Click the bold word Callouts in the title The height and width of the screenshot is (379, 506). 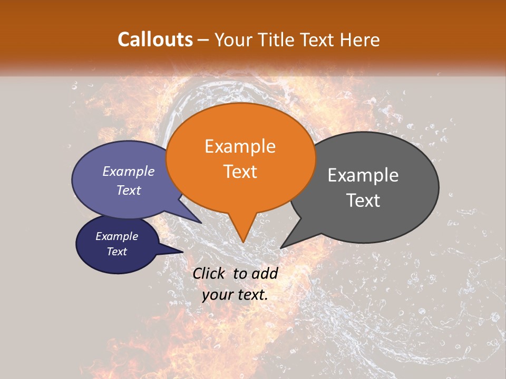[155, 39]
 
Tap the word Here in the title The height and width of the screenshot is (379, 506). [360, 39]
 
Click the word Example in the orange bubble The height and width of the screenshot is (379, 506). [240, 146]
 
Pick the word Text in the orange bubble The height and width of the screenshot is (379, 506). [240, 172]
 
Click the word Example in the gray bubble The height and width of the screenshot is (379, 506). [363, 175]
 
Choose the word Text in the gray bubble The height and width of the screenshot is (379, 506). [363, 201]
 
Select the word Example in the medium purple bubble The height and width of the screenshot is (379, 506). [129, 171]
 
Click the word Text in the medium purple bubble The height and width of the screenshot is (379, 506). [129, 190]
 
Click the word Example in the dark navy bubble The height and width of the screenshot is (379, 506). [117, 236]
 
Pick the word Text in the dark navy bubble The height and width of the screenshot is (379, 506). [117, 252]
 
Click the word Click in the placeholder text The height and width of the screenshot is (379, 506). [209, 273]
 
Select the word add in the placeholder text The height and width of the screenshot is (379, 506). [265, 273]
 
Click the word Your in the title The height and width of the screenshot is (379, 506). [233, 39]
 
